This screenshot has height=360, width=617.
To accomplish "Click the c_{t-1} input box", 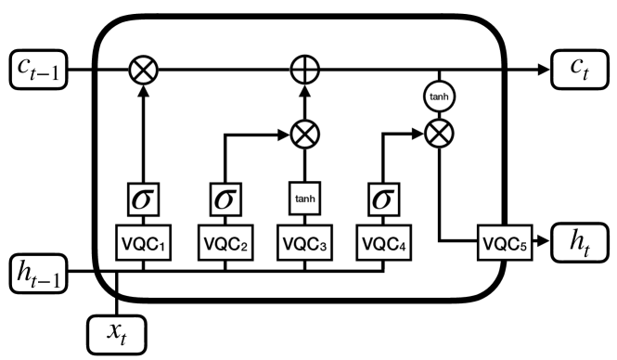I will click(x=37, y=71).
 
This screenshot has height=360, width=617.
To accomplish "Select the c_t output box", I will click(x=577, y=71).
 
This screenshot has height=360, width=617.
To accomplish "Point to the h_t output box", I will click(x=577, y=245).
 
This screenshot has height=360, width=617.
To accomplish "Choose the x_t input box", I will click(x=116, y=331).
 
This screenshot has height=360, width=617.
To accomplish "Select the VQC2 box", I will click(x=225, y=245).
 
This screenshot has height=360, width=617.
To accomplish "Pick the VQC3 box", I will click(x=304, y=245).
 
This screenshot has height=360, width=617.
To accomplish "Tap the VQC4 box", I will click(x=382, y=245).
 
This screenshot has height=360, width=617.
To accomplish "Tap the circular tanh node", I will click(x=436, y=95).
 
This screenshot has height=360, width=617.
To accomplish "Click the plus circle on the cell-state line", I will click(x=304, y=71).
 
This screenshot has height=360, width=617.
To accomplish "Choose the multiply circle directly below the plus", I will click(x=304, y=135).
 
